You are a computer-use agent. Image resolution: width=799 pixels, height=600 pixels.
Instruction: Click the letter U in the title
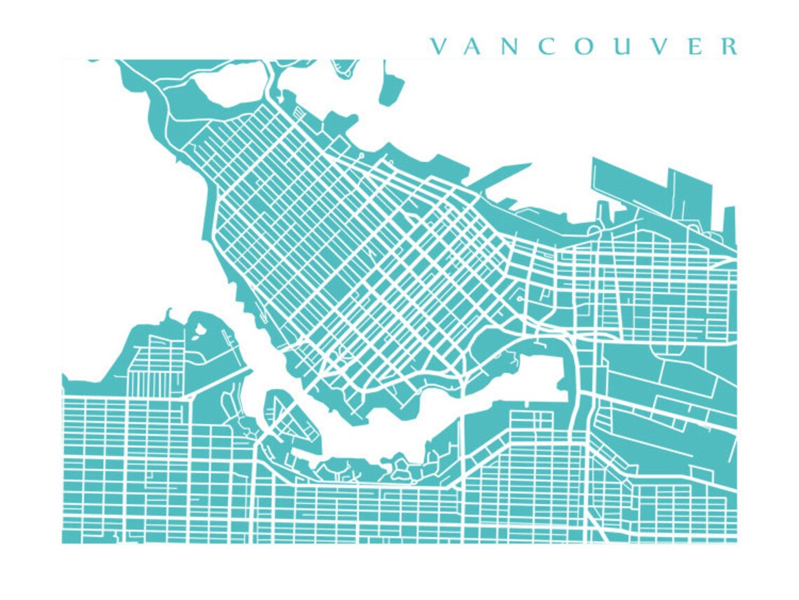pyautogui.click(x=622, y=47)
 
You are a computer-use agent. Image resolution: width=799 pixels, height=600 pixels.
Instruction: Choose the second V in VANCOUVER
pyautogui.click(x=658, y=47)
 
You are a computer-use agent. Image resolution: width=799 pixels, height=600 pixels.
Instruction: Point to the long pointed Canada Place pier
pyautogui.click(x=501, y=175)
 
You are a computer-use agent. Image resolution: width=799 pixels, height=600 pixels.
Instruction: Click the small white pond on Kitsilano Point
pyautogui.click(x=199, y=327)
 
